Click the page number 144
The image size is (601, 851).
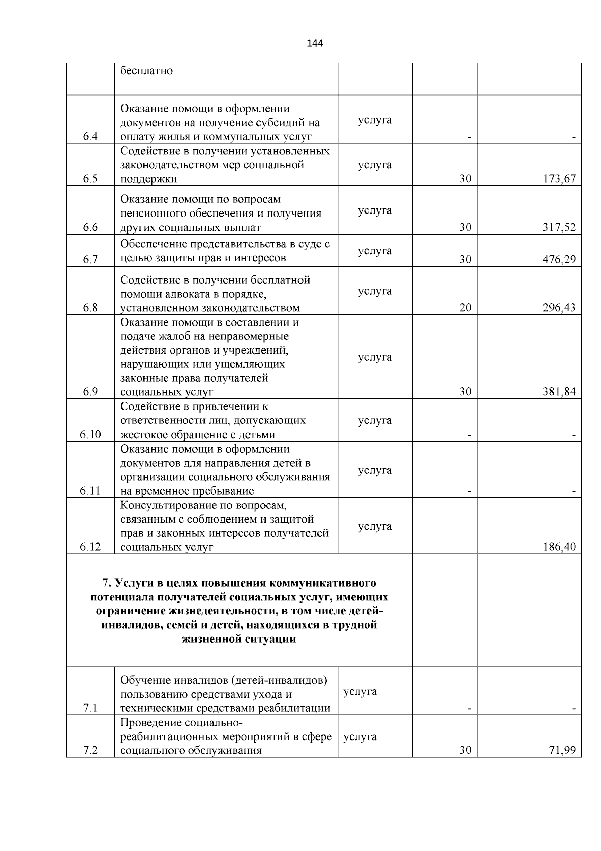pos(315,43)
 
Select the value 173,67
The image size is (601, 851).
pos(559,179)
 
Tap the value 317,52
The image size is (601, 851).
pos(559,227)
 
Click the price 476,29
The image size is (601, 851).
pos(559,259)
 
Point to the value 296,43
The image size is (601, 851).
pos(559,308)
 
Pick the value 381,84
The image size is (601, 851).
pos(559,392)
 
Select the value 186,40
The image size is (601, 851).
pos(559,547)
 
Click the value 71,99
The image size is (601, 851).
pos(562,750)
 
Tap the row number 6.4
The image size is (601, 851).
pos(90,137)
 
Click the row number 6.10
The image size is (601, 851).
pos(90,435)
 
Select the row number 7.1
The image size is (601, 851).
pos(90,708)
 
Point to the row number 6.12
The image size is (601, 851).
pos(90,547)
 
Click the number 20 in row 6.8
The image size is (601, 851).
pos(465,308)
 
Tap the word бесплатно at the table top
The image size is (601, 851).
pos(146,71)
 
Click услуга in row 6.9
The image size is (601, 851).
pos(375,357)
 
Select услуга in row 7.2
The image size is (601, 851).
pos(360,737)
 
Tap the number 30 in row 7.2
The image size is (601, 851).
pos(465,750)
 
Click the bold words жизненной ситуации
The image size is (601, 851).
pos(239,639)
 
